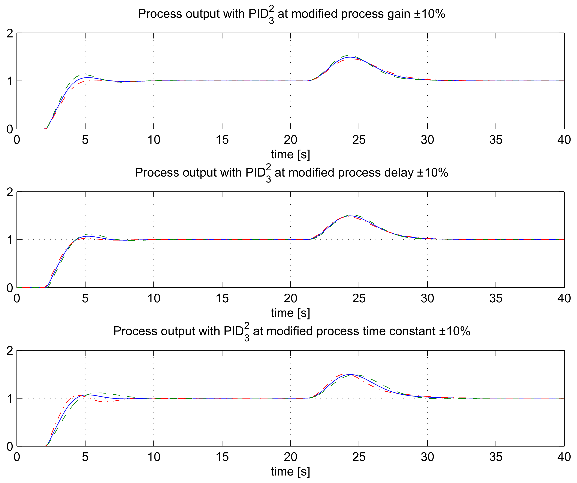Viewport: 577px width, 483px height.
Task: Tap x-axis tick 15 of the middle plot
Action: [x=222, y=299]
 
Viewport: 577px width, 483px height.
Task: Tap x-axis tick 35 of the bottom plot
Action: [x=496, y=457]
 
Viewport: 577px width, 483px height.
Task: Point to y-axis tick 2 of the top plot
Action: [x=10, y=34]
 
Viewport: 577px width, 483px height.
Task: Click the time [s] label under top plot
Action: [x=290, y=155]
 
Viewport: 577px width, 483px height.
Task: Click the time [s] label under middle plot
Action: [x=290, y=313]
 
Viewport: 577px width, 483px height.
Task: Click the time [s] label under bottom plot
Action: [x=290, y=471]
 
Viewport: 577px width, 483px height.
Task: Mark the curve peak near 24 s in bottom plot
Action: [x=350, y=374]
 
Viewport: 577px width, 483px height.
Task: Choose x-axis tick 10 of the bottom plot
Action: [x=154, y=457]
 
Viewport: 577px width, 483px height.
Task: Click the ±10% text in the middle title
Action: [x=433, y=173]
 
